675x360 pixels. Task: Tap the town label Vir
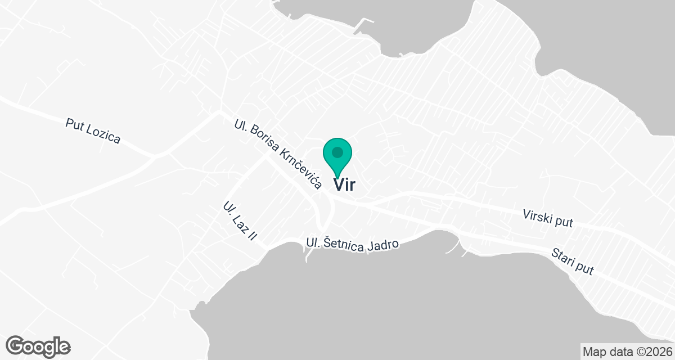pos(344,184)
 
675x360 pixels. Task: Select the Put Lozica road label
pos(93,131)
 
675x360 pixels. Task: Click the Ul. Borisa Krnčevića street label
pos(277,154)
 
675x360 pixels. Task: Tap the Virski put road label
pos(547,218)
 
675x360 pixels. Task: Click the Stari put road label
pos(573,261)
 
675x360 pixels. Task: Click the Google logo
pos(38,346)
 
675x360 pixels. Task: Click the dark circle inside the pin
pos(337,152)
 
